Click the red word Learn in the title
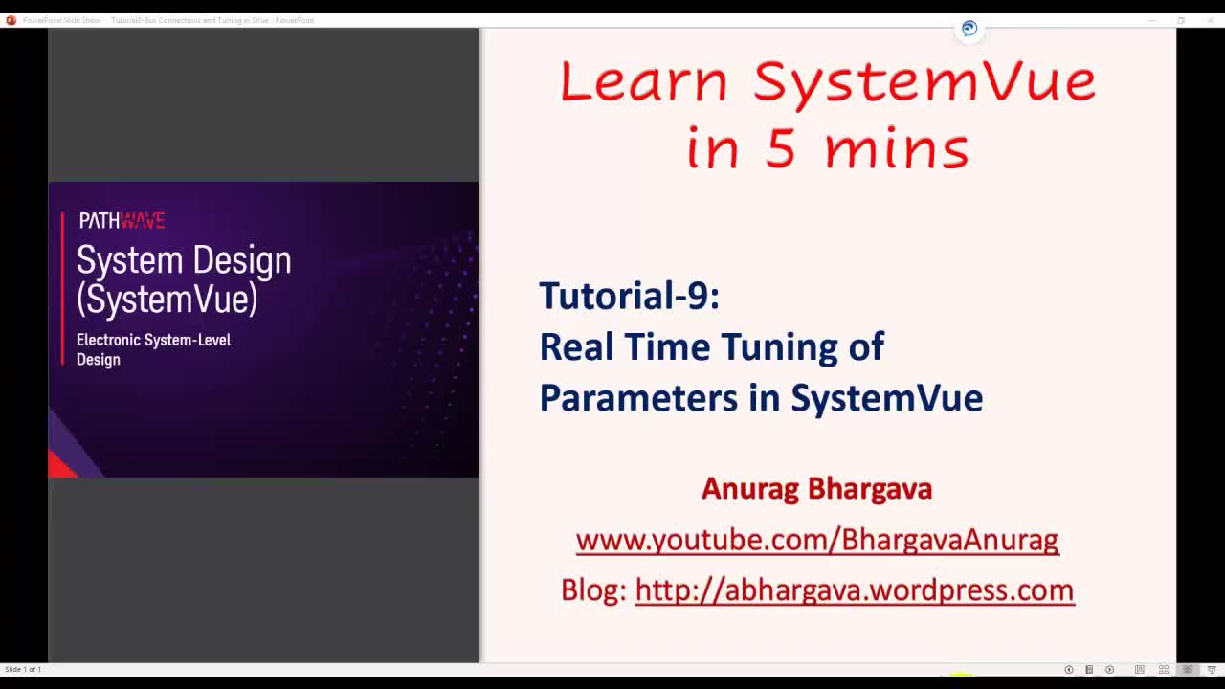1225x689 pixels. [643, 81]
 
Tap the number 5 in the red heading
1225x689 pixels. [780, 149]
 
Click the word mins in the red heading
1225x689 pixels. [896, 149]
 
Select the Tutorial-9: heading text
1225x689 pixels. [629, 296]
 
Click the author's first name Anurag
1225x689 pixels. [749, 489]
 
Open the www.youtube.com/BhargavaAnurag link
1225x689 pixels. [816, 541]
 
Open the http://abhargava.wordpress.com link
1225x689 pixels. [854, 590]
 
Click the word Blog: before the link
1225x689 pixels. [593, 590]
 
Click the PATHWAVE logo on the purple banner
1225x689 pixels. [122, 221]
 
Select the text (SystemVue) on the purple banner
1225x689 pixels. [167, 299]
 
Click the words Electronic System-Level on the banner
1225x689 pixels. [153, 340]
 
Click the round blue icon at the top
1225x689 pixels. [969, 29]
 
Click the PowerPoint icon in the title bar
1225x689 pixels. [11, 20]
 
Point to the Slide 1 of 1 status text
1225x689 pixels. [23, 669]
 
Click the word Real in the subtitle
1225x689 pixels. [576, 346]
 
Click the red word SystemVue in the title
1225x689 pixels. [924, 81]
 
